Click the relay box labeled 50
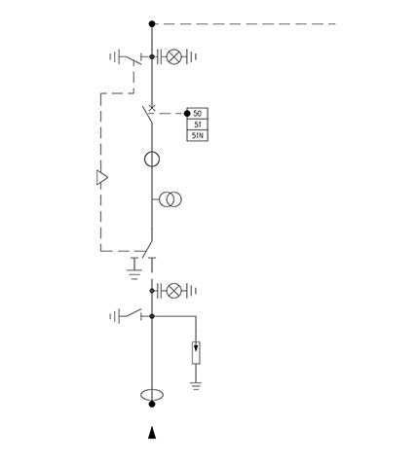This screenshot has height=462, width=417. click(x=197, y=114)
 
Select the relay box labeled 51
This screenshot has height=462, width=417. click(x=197, y=124)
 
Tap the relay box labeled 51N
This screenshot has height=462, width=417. click(x=197, y=135)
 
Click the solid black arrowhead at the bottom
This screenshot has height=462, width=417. click(x=152, y=433)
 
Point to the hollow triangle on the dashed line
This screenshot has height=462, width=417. click(x=102, y=177)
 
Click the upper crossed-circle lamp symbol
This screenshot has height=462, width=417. click(x=174, y=56)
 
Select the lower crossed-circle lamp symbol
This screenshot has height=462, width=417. click(x=174, y=291)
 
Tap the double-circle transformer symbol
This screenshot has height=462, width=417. click(x=171, y=199)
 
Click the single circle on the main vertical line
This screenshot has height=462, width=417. click(x=152, y=160)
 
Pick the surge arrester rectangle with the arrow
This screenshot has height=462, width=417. click(x=196, y=353)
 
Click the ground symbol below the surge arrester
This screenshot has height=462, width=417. click(x=196, y=386)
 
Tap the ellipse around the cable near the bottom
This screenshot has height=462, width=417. click(x=152, y=395)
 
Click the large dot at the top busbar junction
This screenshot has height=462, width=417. click(x=152, y=23)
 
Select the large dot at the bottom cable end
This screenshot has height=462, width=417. click(x=152, y=404)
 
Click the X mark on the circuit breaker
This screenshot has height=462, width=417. click(x=152, y=108)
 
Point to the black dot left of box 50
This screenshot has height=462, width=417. click(x=187, y=114)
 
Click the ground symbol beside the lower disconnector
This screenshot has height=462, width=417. click(x=134, y=274)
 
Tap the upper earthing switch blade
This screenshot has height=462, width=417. click(x=131, y=60)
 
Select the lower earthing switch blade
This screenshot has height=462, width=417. click(x=131, y=312)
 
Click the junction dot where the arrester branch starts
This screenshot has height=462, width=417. click(x=152, y=316)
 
